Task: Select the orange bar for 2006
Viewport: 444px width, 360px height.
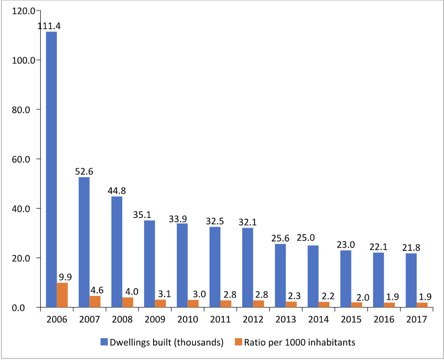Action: pos(62,295)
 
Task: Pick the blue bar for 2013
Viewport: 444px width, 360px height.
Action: pos(280,275)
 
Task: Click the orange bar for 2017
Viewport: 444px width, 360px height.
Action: pos(422,305)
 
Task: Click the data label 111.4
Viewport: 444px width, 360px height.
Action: pos(49,26)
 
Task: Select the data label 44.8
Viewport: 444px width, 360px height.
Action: pos(117,191)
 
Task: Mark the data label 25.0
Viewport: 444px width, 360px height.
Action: pos(306,239)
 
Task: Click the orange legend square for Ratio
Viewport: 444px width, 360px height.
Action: pos(238,342)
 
